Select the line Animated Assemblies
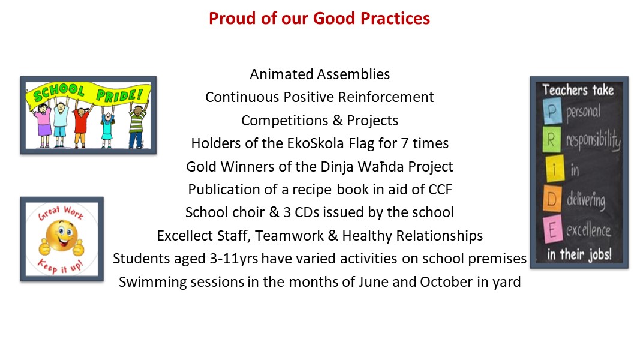tap(320, 74)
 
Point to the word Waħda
tap(380, 167)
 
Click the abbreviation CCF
tap(440, 190)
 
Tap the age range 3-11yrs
tap(234, 259)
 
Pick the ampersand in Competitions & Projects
tap(338, 121)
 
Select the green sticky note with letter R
tap(551, 139)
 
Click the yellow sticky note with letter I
tap(554, 168)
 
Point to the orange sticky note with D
tap(552, 199)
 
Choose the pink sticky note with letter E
tap(552, 229)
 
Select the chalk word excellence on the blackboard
tap(588, 230)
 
